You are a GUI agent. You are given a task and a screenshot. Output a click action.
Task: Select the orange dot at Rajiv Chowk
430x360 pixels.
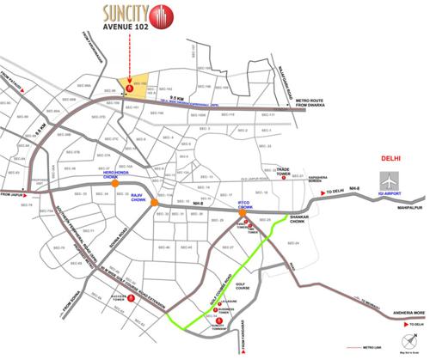pos(152,203)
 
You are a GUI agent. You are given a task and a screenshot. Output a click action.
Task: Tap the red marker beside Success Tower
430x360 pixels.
pos(128,300)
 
